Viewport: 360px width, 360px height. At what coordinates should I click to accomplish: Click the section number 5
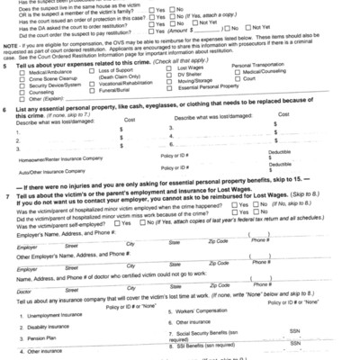coord(6,67)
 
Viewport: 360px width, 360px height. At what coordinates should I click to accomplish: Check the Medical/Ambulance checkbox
coord(22,77)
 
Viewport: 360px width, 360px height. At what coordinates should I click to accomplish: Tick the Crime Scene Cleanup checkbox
coord(22,85)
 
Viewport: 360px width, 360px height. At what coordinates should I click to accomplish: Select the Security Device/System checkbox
coord(22,92)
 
